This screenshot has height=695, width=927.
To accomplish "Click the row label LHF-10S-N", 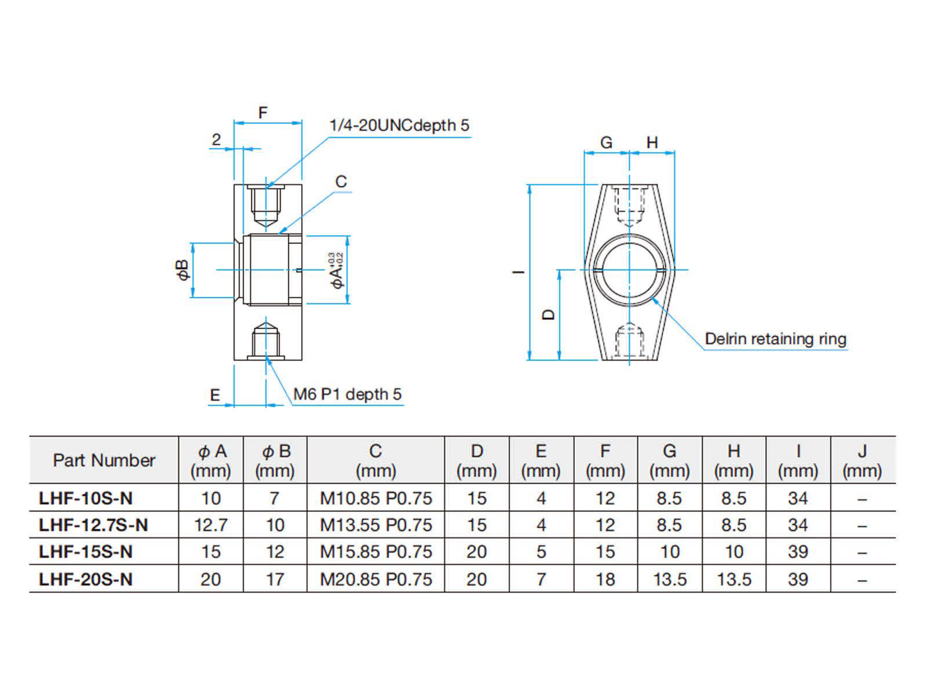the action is pos(86,498).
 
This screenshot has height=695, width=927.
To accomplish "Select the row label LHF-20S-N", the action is pos(86,579).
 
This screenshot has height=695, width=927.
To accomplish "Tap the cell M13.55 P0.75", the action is pos(376,525).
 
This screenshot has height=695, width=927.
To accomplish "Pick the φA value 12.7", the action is pos(211,525).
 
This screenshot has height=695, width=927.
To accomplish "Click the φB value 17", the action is pos(275,579).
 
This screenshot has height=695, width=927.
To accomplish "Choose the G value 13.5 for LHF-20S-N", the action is pos(670,579).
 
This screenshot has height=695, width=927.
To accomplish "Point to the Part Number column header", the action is pos(104,460).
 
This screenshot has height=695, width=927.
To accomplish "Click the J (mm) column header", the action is pos(862,461).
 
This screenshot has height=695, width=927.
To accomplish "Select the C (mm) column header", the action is pos(376,461).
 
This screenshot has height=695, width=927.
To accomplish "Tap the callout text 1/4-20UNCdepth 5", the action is pos(399,125).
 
